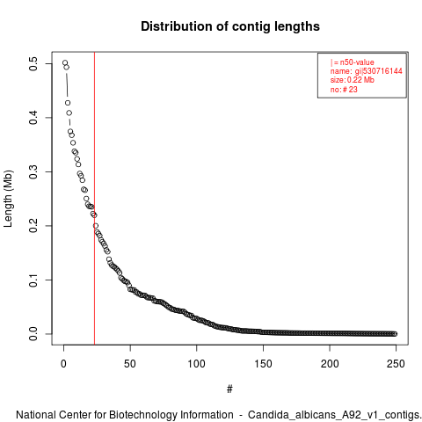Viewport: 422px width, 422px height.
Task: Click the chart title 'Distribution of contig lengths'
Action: pyautogui.click(x=230, y=26)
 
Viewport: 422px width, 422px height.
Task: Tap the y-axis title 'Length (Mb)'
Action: pyautogui.click(x=8, y=199)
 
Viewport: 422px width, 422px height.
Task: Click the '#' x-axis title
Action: pyautogui.click(x=229, y=389)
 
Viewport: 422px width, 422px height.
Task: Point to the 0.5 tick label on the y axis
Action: pyautogui.click(x=33, y=64)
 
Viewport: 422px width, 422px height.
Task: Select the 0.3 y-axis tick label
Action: pyautogui.click(x=33, y=171)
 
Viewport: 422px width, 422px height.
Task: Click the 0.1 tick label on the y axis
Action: pyautogui.click(x=33, y=280)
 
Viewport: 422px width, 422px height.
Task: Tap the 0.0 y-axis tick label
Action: pyautogui.click(x=33, y=334)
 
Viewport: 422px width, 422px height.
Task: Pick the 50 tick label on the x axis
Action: pyautogui.click(x=130, y=364)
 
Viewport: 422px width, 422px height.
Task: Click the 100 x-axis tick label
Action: pyautogui.click(x=196, y=364)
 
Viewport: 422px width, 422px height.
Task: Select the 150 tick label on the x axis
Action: pyautogui.click(x=263, y=364)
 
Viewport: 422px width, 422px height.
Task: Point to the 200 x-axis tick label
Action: pyautogui.click(x=330, y=364)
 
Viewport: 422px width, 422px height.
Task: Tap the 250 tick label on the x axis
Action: pyautogui.click(x=396, y=364)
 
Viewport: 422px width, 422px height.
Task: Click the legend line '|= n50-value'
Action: pyautogui.click(x=353, y=62)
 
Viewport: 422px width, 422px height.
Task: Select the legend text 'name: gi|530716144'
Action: pyautogui.click(x=367, y=71)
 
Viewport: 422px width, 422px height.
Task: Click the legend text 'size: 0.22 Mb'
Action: pyautogui.click(x=353, y=80)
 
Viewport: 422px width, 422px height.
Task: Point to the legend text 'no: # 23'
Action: pyautogui.click(x=344, y=89)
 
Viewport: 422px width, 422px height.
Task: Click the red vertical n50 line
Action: pyautogui.click(x=94, y=199)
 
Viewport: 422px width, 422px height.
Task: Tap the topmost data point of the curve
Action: pyautogui.click(x=65, y=62)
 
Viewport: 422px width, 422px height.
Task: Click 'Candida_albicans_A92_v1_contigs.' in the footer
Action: pyautogui.click(x=335, y=415)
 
